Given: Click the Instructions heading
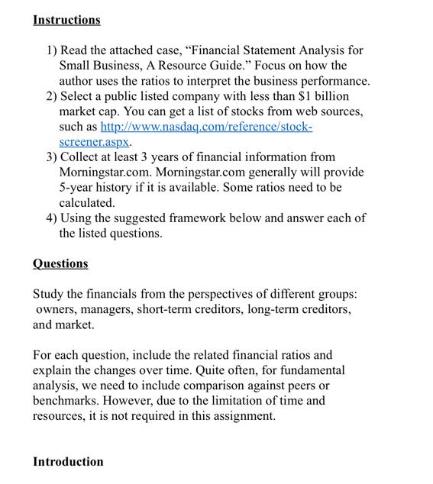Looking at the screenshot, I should (x=66, y=20).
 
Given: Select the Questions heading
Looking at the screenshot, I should (x=60, y=263).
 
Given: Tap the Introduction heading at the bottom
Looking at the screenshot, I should (x=68, y=462).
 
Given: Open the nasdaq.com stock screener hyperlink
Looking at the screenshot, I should (x=206, y=127).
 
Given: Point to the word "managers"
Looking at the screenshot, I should (x=113, y=309).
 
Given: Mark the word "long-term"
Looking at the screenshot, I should (x=286, y=309).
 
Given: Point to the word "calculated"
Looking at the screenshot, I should (x=87, y=203).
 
